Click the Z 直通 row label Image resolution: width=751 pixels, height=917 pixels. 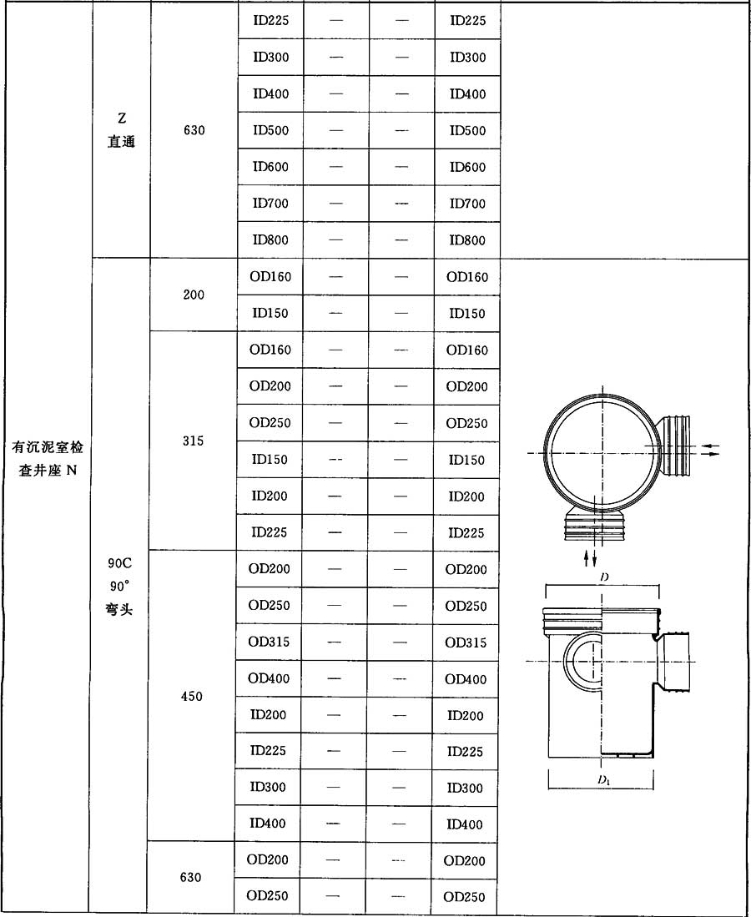(122, 130)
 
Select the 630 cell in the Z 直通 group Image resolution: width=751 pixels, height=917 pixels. (194, 130)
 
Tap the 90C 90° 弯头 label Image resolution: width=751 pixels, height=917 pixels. (119, 586)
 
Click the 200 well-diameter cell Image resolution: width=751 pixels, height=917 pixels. (194, 295)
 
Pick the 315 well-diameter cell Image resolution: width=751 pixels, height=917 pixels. (193, 441)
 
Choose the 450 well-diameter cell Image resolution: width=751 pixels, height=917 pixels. (192, 696)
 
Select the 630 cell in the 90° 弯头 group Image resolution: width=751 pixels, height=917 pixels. (191, 877)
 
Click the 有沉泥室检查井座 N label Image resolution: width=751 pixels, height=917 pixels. (48, 459)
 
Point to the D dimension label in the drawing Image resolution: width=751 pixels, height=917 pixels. (604, 577)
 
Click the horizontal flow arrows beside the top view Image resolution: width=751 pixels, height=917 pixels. (710, 450)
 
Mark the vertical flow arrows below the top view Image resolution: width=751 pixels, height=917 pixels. (591, 558)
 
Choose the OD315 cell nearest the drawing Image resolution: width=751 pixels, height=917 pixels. (466, 642)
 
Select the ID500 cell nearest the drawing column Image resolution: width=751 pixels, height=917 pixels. (467, 130)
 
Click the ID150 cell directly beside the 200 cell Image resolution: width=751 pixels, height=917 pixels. (270, 313)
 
